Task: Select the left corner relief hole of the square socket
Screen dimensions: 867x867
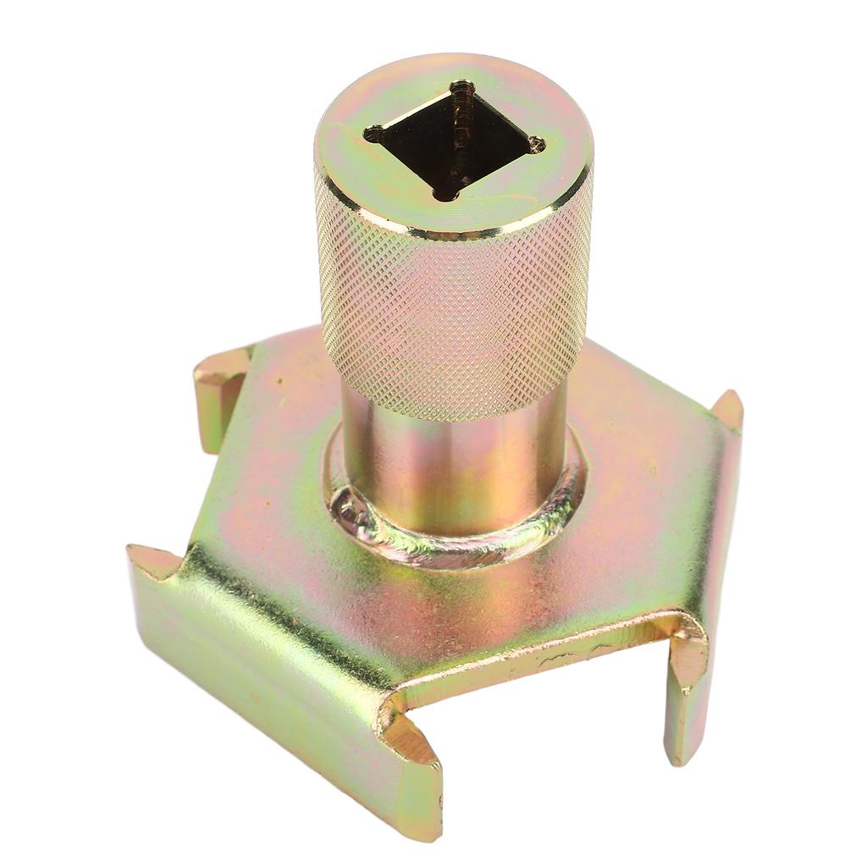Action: (x=373, y=133)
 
